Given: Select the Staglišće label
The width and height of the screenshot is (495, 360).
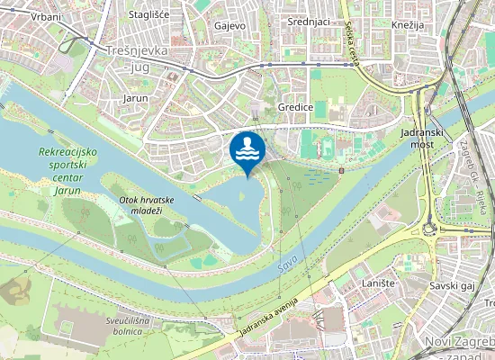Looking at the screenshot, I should click(x=150, y=14).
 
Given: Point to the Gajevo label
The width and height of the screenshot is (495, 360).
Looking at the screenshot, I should click(x=229, y=25).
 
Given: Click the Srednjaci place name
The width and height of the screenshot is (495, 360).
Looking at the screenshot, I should click(x=308, y=21).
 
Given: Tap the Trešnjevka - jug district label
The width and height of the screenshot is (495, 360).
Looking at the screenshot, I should click(x=137, y=58).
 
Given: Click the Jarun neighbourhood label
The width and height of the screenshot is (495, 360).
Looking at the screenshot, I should click(x=135, y=95).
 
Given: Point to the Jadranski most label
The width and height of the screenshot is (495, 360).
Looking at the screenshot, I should click(x=417, y=138).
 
